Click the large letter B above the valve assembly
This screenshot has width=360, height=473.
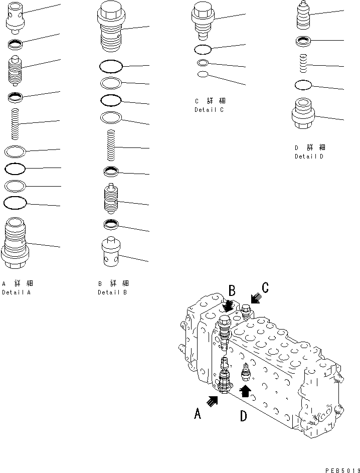coord(232,291)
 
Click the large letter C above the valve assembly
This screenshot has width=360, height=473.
coord(265,288)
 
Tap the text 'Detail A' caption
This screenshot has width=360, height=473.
coord(16,292)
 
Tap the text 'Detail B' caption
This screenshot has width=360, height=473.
coord(112,292)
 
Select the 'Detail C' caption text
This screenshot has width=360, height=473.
coord(209,109)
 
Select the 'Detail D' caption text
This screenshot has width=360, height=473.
coord(309,156)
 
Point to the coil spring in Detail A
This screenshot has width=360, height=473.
coord(16,124)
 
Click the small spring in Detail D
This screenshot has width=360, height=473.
coord(304,64)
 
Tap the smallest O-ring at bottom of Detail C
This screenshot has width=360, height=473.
coord(203,75)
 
